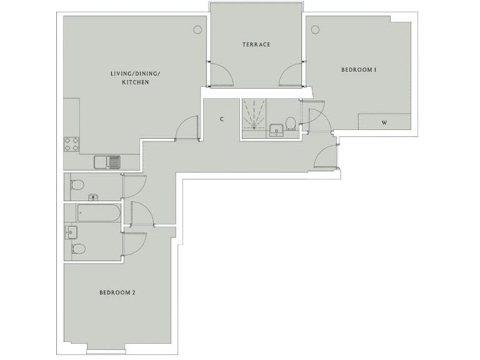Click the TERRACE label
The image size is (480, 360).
click(x=256, y=44)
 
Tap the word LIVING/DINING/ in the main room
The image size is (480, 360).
click(x=135, y=74)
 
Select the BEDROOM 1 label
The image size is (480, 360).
click(x=358, y=70)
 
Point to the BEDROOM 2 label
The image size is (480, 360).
click(x=117, y=292)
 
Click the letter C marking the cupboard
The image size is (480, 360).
click(x=221, y=119)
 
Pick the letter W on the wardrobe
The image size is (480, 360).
click(x=384, y=122)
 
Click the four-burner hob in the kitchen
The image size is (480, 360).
click(x=71, y=144)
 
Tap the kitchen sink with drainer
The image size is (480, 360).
click(x=107, y=162)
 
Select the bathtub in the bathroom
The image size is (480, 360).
click(x=99, y=213)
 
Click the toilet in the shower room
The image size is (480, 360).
click(x=290, y=121)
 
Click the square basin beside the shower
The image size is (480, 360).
click(x=276, y=130)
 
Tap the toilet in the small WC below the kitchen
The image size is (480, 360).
click(x=77, y=185)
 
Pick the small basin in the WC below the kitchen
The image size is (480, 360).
click(x=94, y=197)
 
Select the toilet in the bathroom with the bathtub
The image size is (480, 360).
click(x=78, y=249)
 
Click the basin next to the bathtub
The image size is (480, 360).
click(x=70, y=233)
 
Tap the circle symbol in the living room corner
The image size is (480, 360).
click(x=198, y=29)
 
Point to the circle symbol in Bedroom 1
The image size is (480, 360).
click(x=316, y=29)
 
